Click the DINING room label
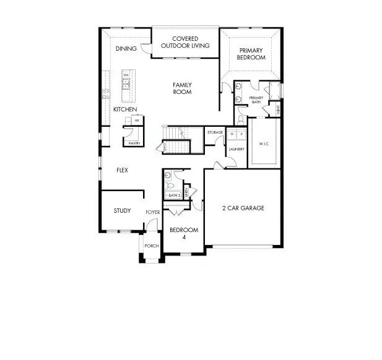pos(126,49)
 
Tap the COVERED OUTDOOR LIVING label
pos(185,42)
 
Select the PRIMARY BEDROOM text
pos(252,54)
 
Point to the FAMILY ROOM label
pos(182,88)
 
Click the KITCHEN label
pos(124,109)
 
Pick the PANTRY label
pos(134,144)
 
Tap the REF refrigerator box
pos(136,121)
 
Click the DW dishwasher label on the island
pos(126,75)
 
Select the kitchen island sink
pos(126,85)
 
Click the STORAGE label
pos(215,132)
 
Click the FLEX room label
pos(122,170)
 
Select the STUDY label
pos(122,211)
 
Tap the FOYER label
pos(152,213)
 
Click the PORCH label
pos(152,246)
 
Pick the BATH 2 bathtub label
pos(173,195)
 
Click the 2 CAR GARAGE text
pos(243,208)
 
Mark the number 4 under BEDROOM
pos(183,238)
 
